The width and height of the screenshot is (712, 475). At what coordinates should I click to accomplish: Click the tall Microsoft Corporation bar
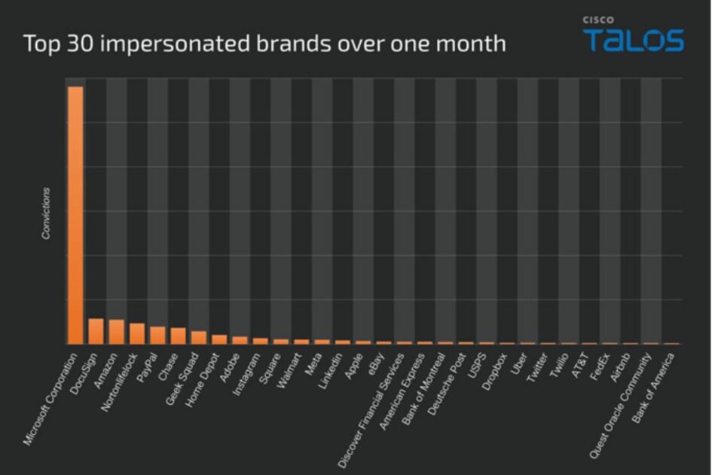pos(75,215)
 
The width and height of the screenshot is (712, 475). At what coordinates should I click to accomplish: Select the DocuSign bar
pos(96,331)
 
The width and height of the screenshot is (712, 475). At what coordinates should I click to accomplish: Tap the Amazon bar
pos(116,332)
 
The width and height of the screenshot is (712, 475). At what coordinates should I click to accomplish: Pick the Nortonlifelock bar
pos(136,333)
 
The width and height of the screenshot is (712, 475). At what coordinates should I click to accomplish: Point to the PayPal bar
pos(157,335)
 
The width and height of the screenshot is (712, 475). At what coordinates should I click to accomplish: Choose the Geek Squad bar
pos(198,337)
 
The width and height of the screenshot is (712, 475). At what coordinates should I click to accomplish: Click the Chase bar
pos(178,336)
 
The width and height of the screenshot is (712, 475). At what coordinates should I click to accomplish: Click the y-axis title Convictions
pos(46,213)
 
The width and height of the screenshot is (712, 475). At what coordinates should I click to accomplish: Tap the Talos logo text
pos(634,40)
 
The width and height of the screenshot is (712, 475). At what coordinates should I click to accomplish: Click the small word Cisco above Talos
pos(597,20)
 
